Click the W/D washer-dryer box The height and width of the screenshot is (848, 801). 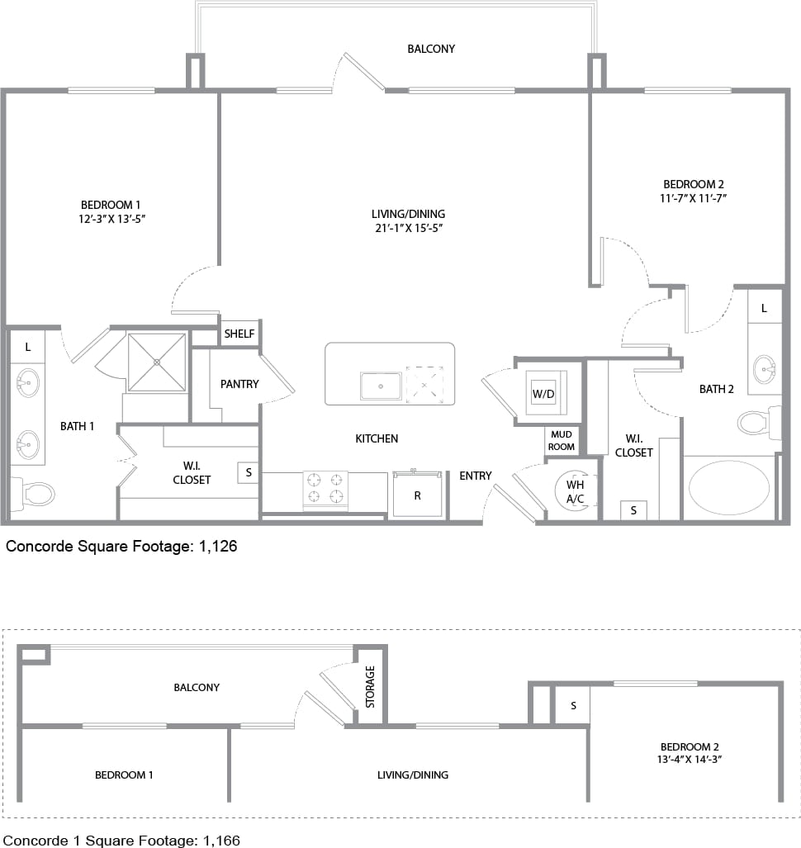pos(543,394)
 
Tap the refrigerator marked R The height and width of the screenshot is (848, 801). pos(417,495)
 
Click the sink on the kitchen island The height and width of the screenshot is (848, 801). pos(380,386)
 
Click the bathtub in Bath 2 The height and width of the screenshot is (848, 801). pos(728,488)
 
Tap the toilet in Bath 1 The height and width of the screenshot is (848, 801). pos(31,494)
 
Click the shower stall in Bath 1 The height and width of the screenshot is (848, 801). pos(156,362)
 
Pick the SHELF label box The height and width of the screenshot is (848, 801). pos(239,334)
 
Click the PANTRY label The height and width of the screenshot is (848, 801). pos(239,384)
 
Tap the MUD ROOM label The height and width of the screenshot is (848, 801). pos(562,440)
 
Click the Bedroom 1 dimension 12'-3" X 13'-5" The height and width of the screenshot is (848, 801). pos(116,219)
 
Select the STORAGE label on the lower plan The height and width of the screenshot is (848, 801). pos(370,686)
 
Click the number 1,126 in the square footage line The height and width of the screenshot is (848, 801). pos(218,546)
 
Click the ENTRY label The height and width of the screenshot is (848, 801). pos(475,476)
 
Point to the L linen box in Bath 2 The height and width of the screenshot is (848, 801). pos(764,308)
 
